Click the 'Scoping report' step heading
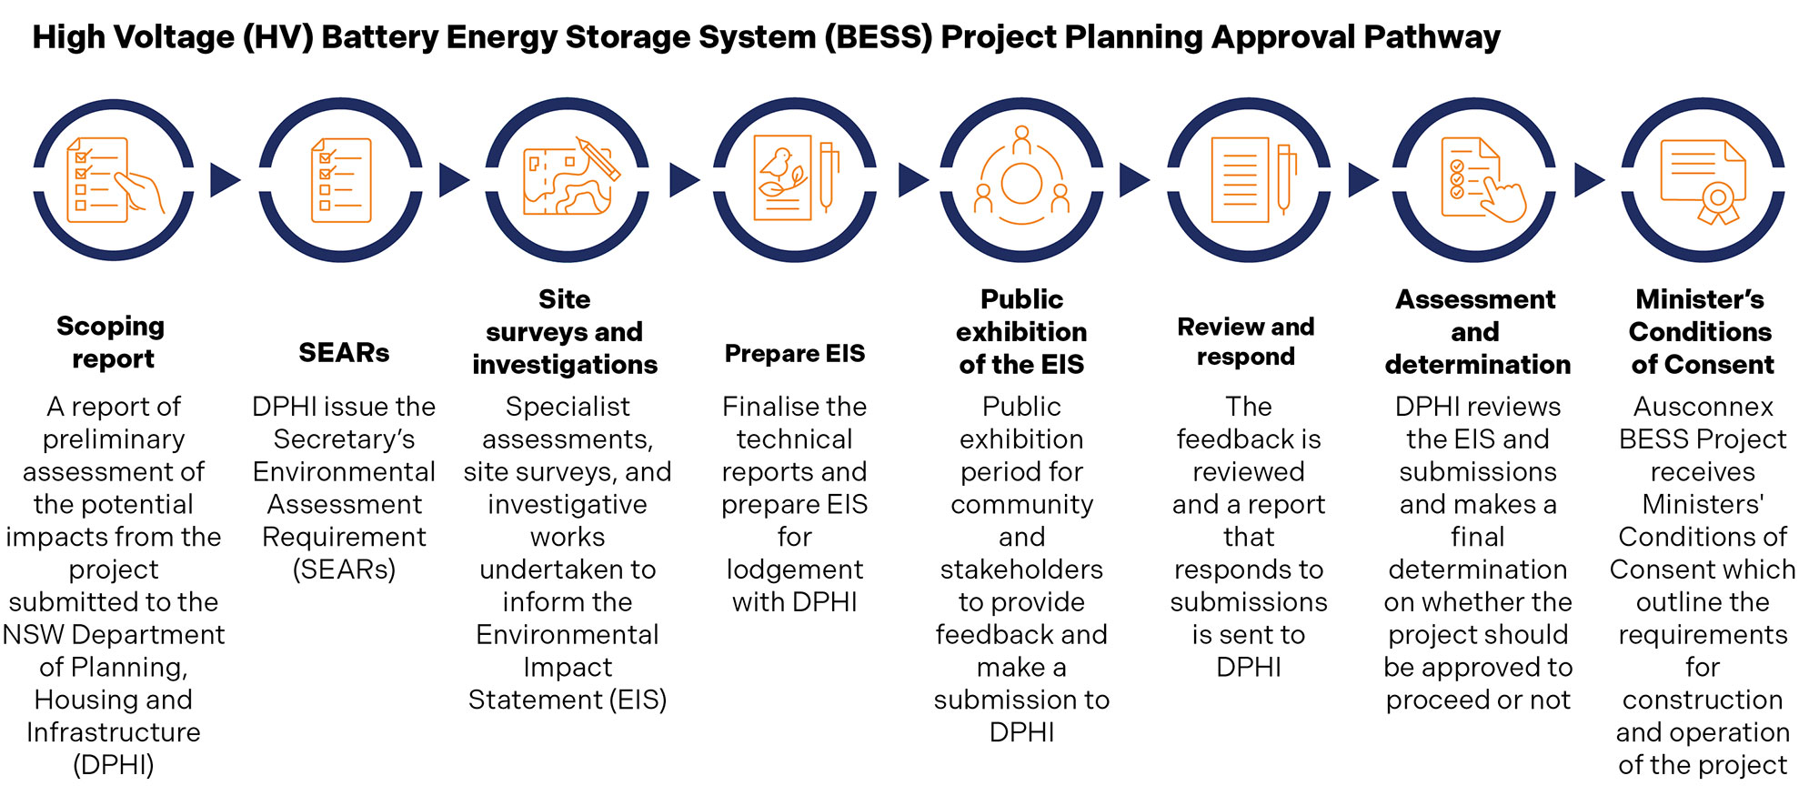111,342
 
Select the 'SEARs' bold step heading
344,353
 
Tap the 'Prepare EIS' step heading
794,353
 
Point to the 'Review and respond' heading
1246,341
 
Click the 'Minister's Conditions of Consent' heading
1701,332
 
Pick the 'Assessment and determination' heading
1477,332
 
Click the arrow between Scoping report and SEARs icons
225,180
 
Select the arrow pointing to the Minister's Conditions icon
1588,180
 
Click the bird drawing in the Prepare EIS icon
778,164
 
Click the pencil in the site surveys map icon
598,159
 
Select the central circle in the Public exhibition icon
1021,184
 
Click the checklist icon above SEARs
341,180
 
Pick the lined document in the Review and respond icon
1239,180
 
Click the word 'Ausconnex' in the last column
1703,407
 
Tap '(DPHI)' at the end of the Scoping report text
114,765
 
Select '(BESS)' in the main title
879,37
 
